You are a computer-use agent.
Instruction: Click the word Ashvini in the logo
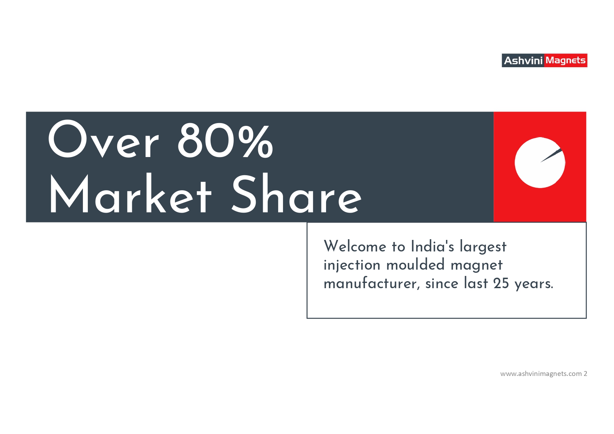pos(523,61)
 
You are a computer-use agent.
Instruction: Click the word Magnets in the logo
pos(565,61)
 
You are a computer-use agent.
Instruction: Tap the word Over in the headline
pos(103,139)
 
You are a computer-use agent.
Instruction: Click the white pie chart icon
pos(540,163)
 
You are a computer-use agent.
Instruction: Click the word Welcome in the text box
pos(355,246)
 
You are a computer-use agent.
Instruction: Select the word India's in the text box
pos(432,246)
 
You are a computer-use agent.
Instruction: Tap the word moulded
pos(415,265)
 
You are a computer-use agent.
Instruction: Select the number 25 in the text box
pos(501,283)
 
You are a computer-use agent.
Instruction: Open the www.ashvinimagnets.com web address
pos(541,374)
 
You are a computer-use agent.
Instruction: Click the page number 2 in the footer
pos(585,373)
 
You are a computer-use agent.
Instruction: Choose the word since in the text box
pos(442,283)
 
